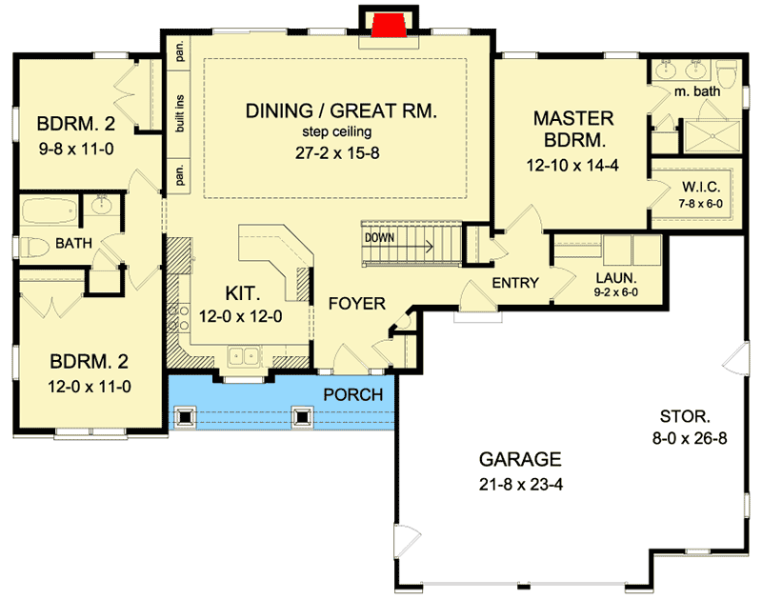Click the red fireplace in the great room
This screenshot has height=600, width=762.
click(388, 25)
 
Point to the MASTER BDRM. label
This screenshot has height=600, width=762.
click(572, 130)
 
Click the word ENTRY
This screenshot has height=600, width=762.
click(515, 283)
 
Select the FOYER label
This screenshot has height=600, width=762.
click(356, 304)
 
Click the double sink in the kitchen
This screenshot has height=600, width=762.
click(247, 357)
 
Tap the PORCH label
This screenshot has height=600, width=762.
click(352, 393)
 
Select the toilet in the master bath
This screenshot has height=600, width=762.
click(728, 73)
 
